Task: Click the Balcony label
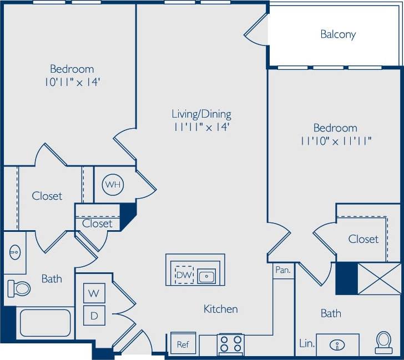point(338,34)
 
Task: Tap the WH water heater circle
point(113,185)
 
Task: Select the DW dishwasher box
point(184,274)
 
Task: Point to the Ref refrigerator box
point(183,344)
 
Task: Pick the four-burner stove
point(230,344)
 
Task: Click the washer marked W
point(94,293)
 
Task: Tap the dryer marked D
point(94,316)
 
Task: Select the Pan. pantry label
point(282,271)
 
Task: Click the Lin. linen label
point(307,344)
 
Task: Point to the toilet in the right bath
point(383,342)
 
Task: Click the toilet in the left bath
point(19,287)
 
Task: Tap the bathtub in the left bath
point(45,323)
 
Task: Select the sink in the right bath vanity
point(337,345)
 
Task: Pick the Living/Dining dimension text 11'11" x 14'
point(201,127)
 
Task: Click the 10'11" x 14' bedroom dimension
point(73,82)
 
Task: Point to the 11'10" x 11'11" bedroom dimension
point(335,141)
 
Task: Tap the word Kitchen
point(220,309)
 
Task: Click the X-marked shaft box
point(379,278)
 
